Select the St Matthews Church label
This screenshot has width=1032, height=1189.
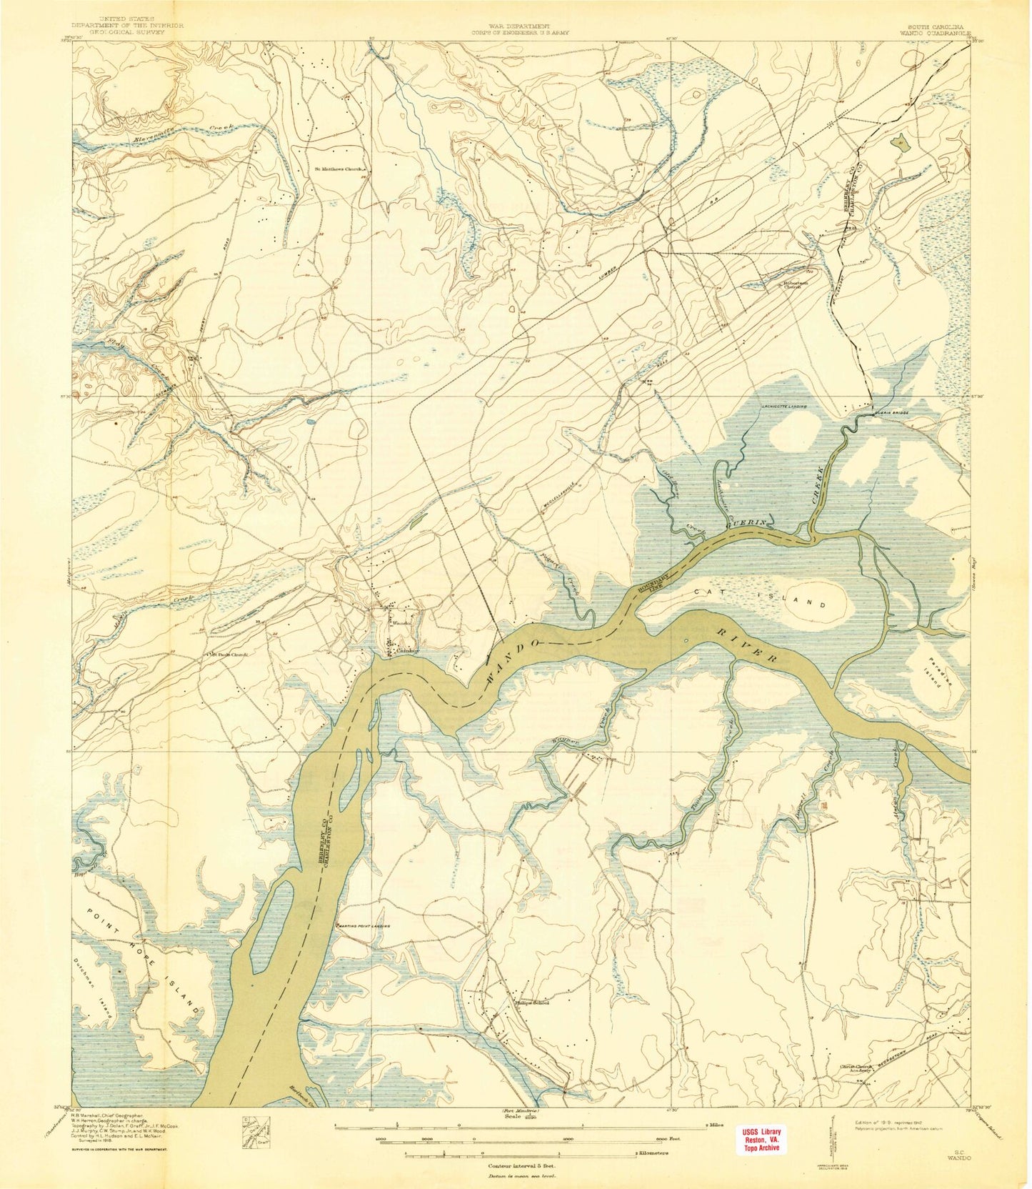(339, 169)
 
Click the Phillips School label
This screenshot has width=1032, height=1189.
(532, 1002)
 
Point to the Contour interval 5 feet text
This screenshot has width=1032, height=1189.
(516, 1164)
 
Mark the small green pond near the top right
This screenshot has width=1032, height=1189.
(898, 141)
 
